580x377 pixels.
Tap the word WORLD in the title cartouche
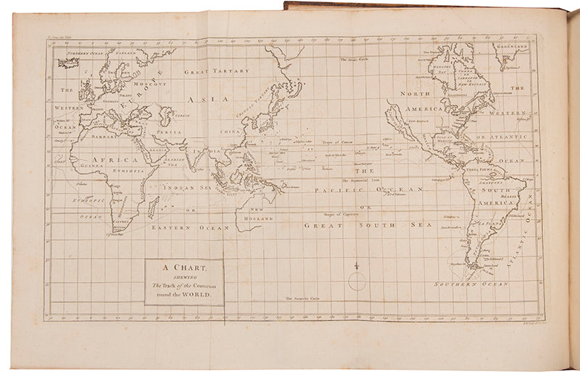204,295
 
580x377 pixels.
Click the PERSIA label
168,133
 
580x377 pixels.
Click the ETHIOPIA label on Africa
129,168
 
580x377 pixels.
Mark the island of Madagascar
152,207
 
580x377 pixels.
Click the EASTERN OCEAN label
190,228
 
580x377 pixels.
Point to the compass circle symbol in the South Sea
357,280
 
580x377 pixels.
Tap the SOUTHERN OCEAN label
463,285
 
